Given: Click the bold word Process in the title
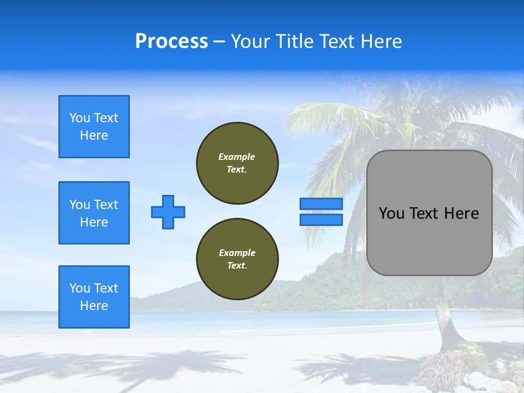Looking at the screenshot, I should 171,41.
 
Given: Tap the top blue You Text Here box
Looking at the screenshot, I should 94,127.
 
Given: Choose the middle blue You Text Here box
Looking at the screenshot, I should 94,213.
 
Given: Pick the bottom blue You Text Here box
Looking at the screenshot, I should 94,297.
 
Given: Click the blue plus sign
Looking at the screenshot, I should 168,212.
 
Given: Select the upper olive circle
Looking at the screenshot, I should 237,163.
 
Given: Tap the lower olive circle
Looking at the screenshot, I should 237,259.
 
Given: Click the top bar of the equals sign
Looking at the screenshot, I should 321,204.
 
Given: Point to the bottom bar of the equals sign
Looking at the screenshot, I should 321,219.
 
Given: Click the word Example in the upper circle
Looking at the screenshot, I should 237,157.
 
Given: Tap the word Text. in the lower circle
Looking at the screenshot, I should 237,266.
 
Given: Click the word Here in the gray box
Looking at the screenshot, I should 461,213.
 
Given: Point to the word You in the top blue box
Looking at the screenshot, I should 79,118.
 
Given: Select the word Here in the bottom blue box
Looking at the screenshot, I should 94,306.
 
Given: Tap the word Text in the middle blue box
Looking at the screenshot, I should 105,205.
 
